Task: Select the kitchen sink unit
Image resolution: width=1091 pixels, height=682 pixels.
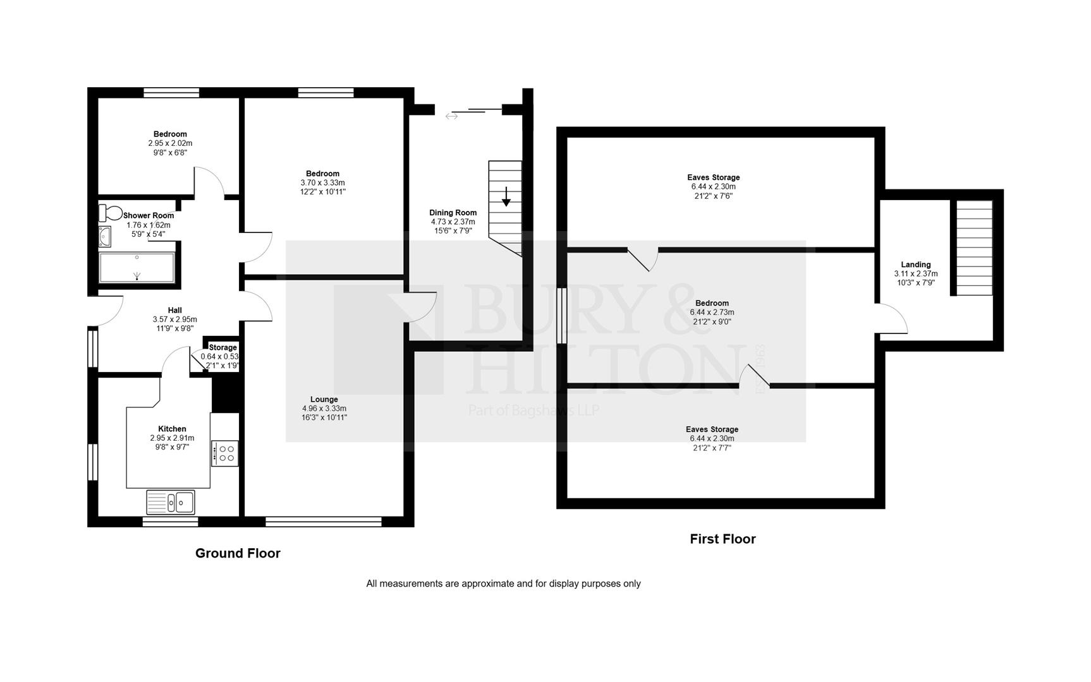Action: coord(171,503)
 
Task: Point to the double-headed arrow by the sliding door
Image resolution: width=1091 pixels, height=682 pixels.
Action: coord(451,116)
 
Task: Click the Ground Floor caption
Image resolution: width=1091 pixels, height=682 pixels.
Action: coord(238,553)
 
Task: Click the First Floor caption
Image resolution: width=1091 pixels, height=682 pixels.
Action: coord(722,539)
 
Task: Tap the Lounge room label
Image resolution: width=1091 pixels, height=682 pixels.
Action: coord(324,399)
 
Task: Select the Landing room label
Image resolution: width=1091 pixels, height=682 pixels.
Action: coord(915,265)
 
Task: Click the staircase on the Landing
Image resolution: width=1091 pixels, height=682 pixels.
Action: coord(973,248)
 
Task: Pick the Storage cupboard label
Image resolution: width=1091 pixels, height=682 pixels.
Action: coord(222,347)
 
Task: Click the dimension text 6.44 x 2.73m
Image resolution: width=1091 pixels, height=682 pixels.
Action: coord(712,312)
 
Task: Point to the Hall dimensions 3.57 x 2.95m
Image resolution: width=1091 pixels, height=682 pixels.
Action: coord(174,320)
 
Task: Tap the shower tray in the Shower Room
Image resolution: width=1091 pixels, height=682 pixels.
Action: coord(137,268)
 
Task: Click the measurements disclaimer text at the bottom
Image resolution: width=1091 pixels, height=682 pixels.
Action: coord(503,583)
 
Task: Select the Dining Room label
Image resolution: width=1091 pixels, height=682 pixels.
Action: coord(453,212)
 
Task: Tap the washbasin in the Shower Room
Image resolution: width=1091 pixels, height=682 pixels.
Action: coord(104,236)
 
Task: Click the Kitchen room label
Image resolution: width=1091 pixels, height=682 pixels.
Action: coord(172,429)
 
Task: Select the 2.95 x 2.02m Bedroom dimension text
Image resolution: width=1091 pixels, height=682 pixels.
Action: coord(170,143)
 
